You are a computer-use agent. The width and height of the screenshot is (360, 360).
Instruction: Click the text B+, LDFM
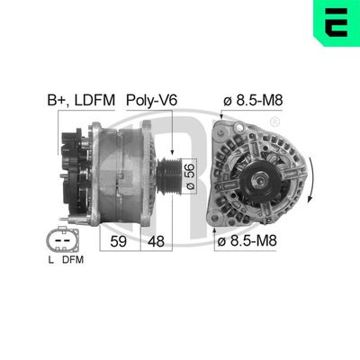click(80, 100)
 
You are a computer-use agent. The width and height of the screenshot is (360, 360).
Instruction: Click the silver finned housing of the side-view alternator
click(126, 175)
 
